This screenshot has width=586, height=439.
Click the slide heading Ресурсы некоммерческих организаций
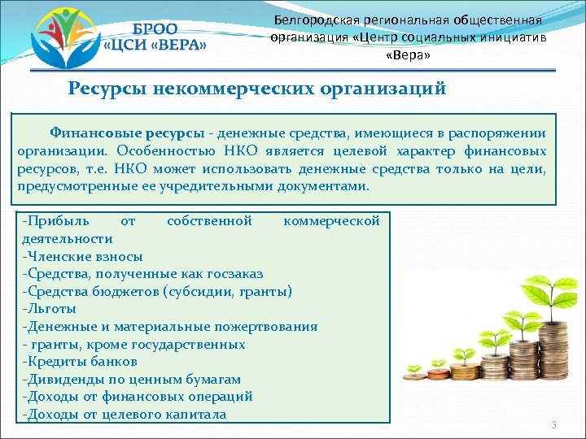(257, 89)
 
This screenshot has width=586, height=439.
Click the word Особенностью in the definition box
(158, 151)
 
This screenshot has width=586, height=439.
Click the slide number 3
(553, 426)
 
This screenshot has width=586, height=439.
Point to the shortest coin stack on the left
(414, 376)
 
